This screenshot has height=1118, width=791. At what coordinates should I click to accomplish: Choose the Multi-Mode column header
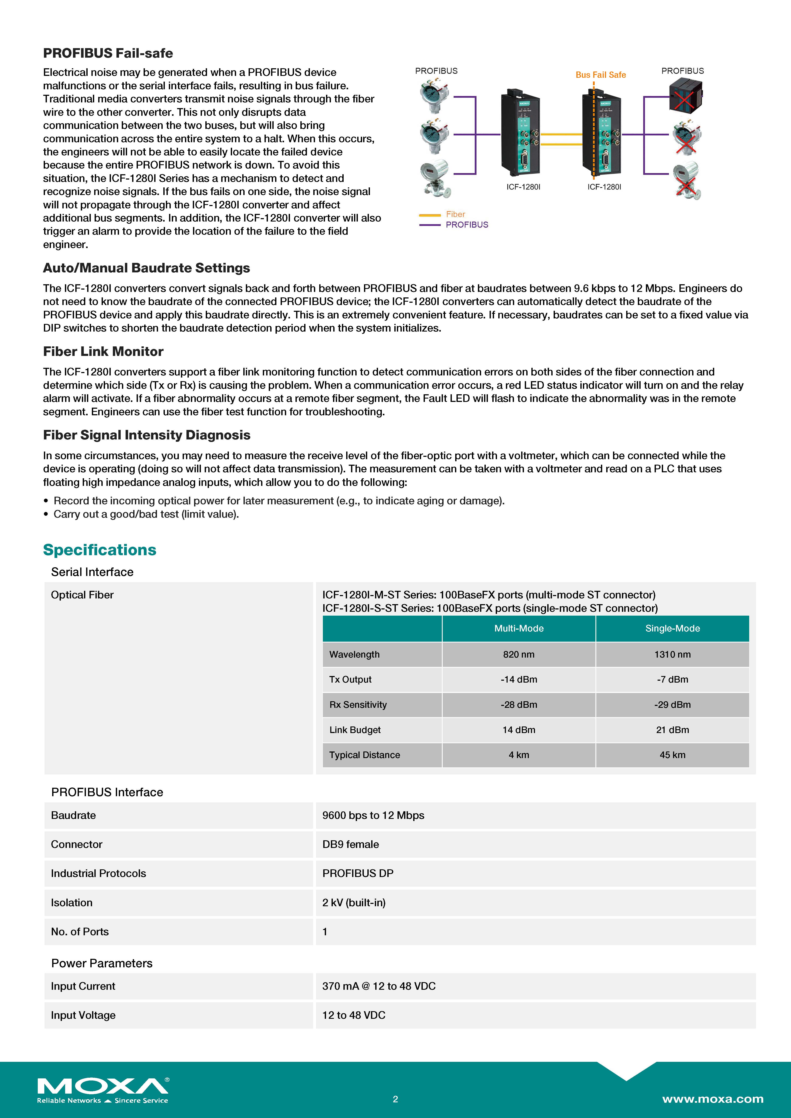click(519, 629)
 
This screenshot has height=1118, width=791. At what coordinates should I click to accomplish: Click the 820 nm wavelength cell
click(519, 654)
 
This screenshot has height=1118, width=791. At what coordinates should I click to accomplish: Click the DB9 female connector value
click(350, 844)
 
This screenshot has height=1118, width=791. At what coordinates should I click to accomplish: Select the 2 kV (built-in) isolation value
click(354, 903)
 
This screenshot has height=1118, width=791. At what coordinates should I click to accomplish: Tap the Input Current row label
click(83, 986)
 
